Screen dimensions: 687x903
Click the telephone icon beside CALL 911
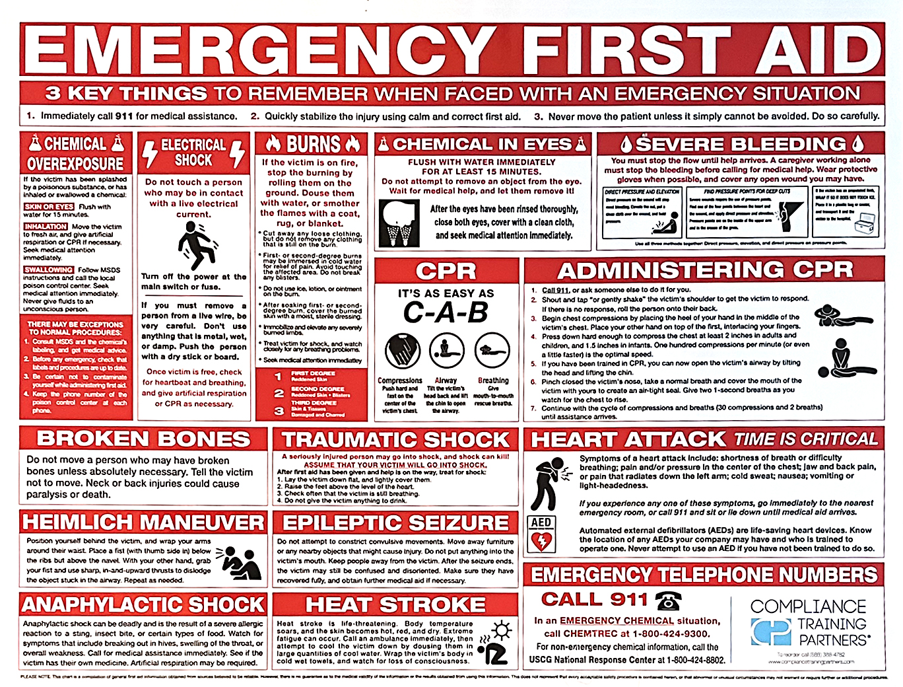(668, 600)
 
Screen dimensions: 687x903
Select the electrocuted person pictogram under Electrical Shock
(194, 246)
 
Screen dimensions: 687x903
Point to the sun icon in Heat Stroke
(502, 630)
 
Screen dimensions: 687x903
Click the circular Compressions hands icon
(399, 351)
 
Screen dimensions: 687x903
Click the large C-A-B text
(446, 313)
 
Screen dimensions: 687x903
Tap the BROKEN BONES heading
(144, 439)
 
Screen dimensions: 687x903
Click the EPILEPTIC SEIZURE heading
(395, 523)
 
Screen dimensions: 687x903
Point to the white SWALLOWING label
(48, 270)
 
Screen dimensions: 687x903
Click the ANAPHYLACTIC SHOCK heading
(143, 605)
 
